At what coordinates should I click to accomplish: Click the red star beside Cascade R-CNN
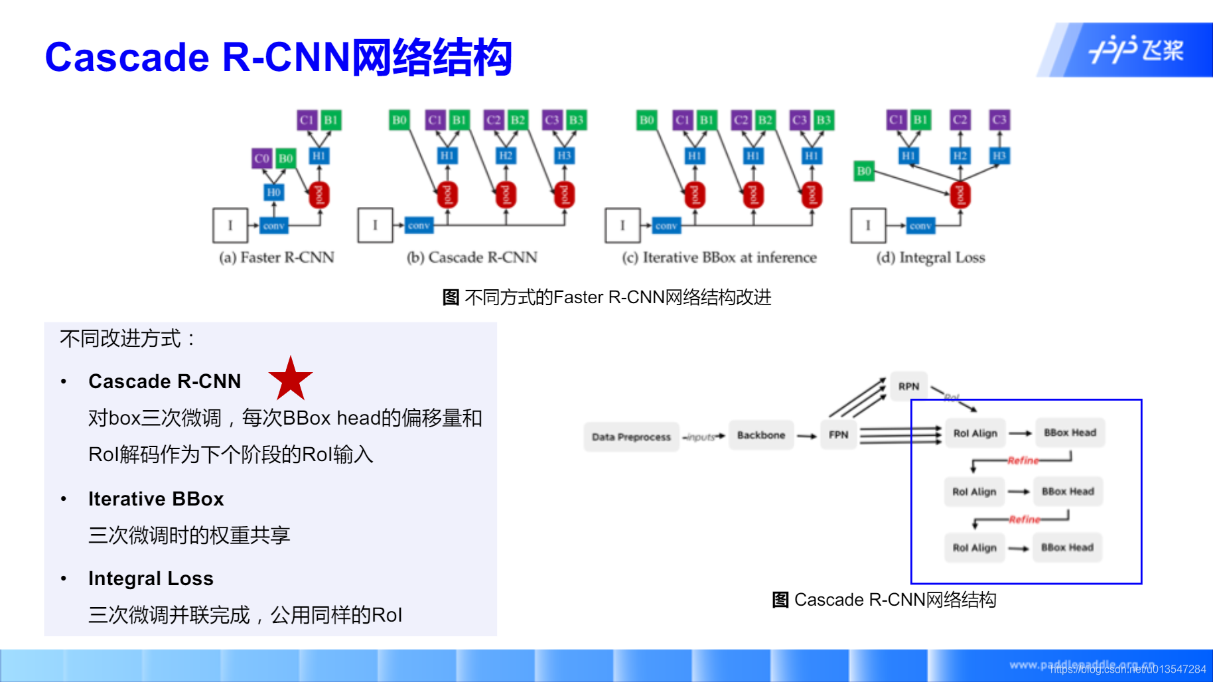point(290,379)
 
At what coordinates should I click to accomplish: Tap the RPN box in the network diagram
point(908,386)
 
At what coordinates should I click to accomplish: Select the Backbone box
point(760,435)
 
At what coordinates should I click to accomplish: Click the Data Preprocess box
point(631,437)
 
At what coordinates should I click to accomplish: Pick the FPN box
point(838,435)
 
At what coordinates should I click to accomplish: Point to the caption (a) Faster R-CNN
point(277,257)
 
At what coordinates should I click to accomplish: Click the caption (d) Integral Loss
point(930,257)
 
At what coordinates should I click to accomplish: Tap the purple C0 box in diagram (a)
point(262,159)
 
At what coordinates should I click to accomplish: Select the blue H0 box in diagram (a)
point(273,192)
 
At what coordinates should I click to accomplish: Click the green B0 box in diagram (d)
point(863,171)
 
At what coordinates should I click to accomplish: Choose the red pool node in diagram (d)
point(960,195)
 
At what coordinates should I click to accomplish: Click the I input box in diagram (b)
point(375,226)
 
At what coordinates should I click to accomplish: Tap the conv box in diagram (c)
point(666,226)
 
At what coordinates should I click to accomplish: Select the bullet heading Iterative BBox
point(156,499)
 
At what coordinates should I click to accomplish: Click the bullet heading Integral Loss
point(151,579)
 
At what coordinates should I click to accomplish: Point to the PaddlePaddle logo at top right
point(1136,50)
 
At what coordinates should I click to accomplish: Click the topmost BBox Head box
point(1070,433)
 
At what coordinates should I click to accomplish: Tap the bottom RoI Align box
point(974,548)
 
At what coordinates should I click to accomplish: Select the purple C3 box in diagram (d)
point(999,120)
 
